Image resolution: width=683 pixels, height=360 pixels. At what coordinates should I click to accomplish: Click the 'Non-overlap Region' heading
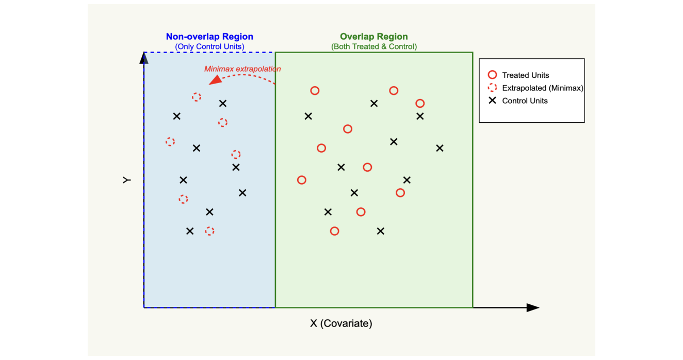click(x=209, y=37)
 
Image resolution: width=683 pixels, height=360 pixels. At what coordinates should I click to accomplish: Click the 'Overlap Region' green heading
click(x=373, y=37)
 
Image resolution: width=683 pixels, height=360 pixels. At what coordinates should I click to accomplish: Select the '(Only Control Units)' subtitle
click(x=209, y=46)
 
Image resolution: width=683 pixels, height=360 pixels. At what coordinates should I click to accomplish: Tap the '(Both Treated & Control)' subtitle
click(x=373, y=46)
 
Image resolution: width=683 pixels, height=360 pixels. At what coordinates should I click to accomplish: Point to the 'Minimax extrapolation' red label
click(x=242, y=69)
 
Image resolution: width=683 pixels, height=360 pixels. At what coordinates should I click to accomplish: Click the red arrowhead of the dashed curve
click(x=215, y=80)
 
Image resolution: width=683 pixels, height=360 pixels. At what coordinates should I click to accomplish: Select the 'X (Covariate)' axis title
click(x=341, y=323)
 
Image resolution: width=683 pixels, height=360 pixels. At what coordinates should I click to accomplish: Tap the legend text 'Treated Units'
click(x=525, y=75)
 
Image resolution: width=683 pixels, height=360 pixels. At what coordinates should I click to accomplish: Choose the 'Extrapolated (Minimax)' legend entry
click(x=542, y=88)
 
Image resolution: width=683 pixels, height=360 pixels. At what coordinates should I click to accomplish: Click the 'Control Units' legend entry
click(x=525, y=101)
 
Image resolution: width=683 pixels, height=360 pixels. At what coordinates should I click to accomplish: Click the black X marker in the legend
click(x=492, y=101)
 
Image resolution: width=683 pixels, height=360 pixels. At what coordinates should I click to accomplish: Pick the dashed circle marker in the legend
click(x=492, y=88)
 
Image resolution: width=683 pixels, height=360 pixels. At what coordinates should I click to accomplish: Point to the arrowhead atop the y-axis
click(x=144, y=57)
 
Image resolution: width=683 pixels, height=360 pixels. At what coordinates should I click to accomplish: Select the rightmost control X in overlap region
click(x=440, y=148)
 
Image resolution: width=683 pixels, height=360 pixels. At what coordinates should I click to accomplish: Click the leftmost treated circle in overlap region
click(x=302, y=180)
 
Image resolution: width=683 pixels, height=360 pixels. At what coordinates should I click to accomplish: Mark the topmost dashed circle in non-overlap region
click(x=197, y=97)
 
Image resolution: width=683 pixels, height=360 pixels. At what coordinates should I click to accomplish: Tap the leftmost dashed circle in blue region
click(x=170, y=141)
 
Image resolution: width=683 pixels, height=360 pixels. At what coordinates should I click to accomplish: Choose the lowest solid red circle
click(x=334, y=231)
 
